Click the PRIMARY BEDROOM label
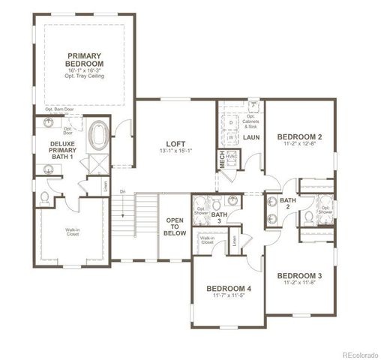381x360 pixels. (84, 60)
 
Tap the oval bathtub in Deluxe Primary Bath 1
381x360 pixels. (97, 136)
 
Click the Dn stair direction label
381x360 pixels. (122, 192)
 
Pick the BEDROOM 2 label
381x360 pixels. (300, 136)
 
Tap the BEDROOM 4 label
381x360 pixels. (229, 289)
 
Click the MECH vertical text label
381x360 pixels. (222, 160)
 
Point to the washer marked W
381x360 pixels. (231, 137)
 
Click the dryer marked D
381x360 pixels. (231, 121)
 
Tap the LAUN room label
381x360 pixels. (250, 138)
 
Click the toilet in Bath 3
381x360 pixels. (216, 205)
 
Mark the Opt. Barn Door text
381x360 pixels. (58, 110)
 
